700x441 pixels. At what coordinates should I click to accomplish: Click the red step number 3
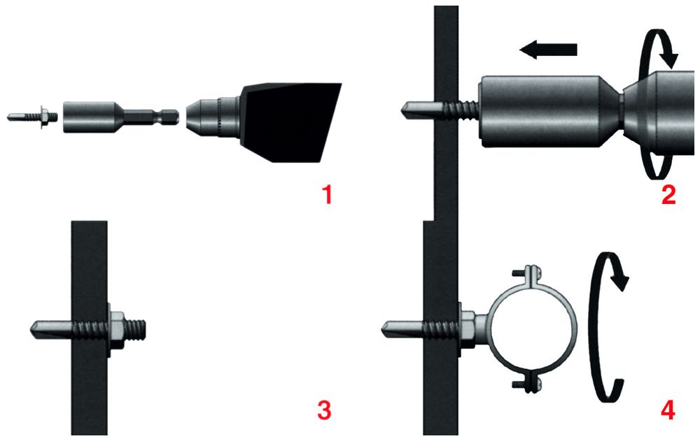(323, 410)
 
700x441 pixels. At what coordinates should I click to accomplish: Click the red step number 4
(668, 410)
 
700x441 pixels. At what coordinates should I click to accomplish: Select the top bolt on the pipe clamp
(529, 272)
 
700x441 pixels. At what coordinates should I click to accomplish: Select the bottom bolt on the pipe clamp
(529, 382)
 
